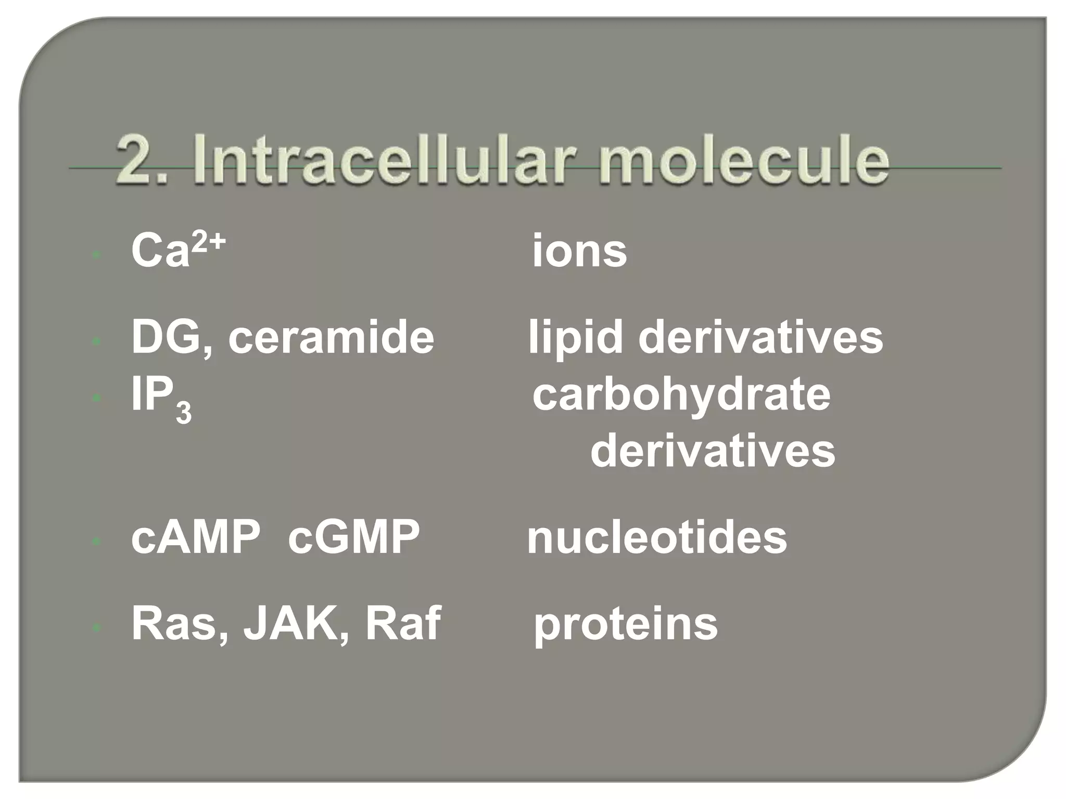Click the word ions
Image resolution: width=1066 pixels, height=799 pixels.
pos(579,252)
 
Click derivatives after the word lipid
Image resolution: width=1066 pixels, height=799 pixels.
pos(760,338)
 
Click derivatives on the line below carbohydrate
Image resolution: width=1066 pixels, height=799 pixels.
pos(713,452)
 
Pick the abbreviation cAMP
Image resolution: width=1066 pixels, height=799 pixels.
pos(196,538)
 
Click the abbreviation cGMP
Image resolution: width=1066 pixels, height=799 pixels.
pos(353,538)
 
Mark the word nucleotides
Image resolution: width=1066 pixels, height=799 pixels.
pos(657,538)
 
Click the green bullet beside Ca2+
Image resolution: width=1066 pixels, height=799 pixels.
pos(96,255)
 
